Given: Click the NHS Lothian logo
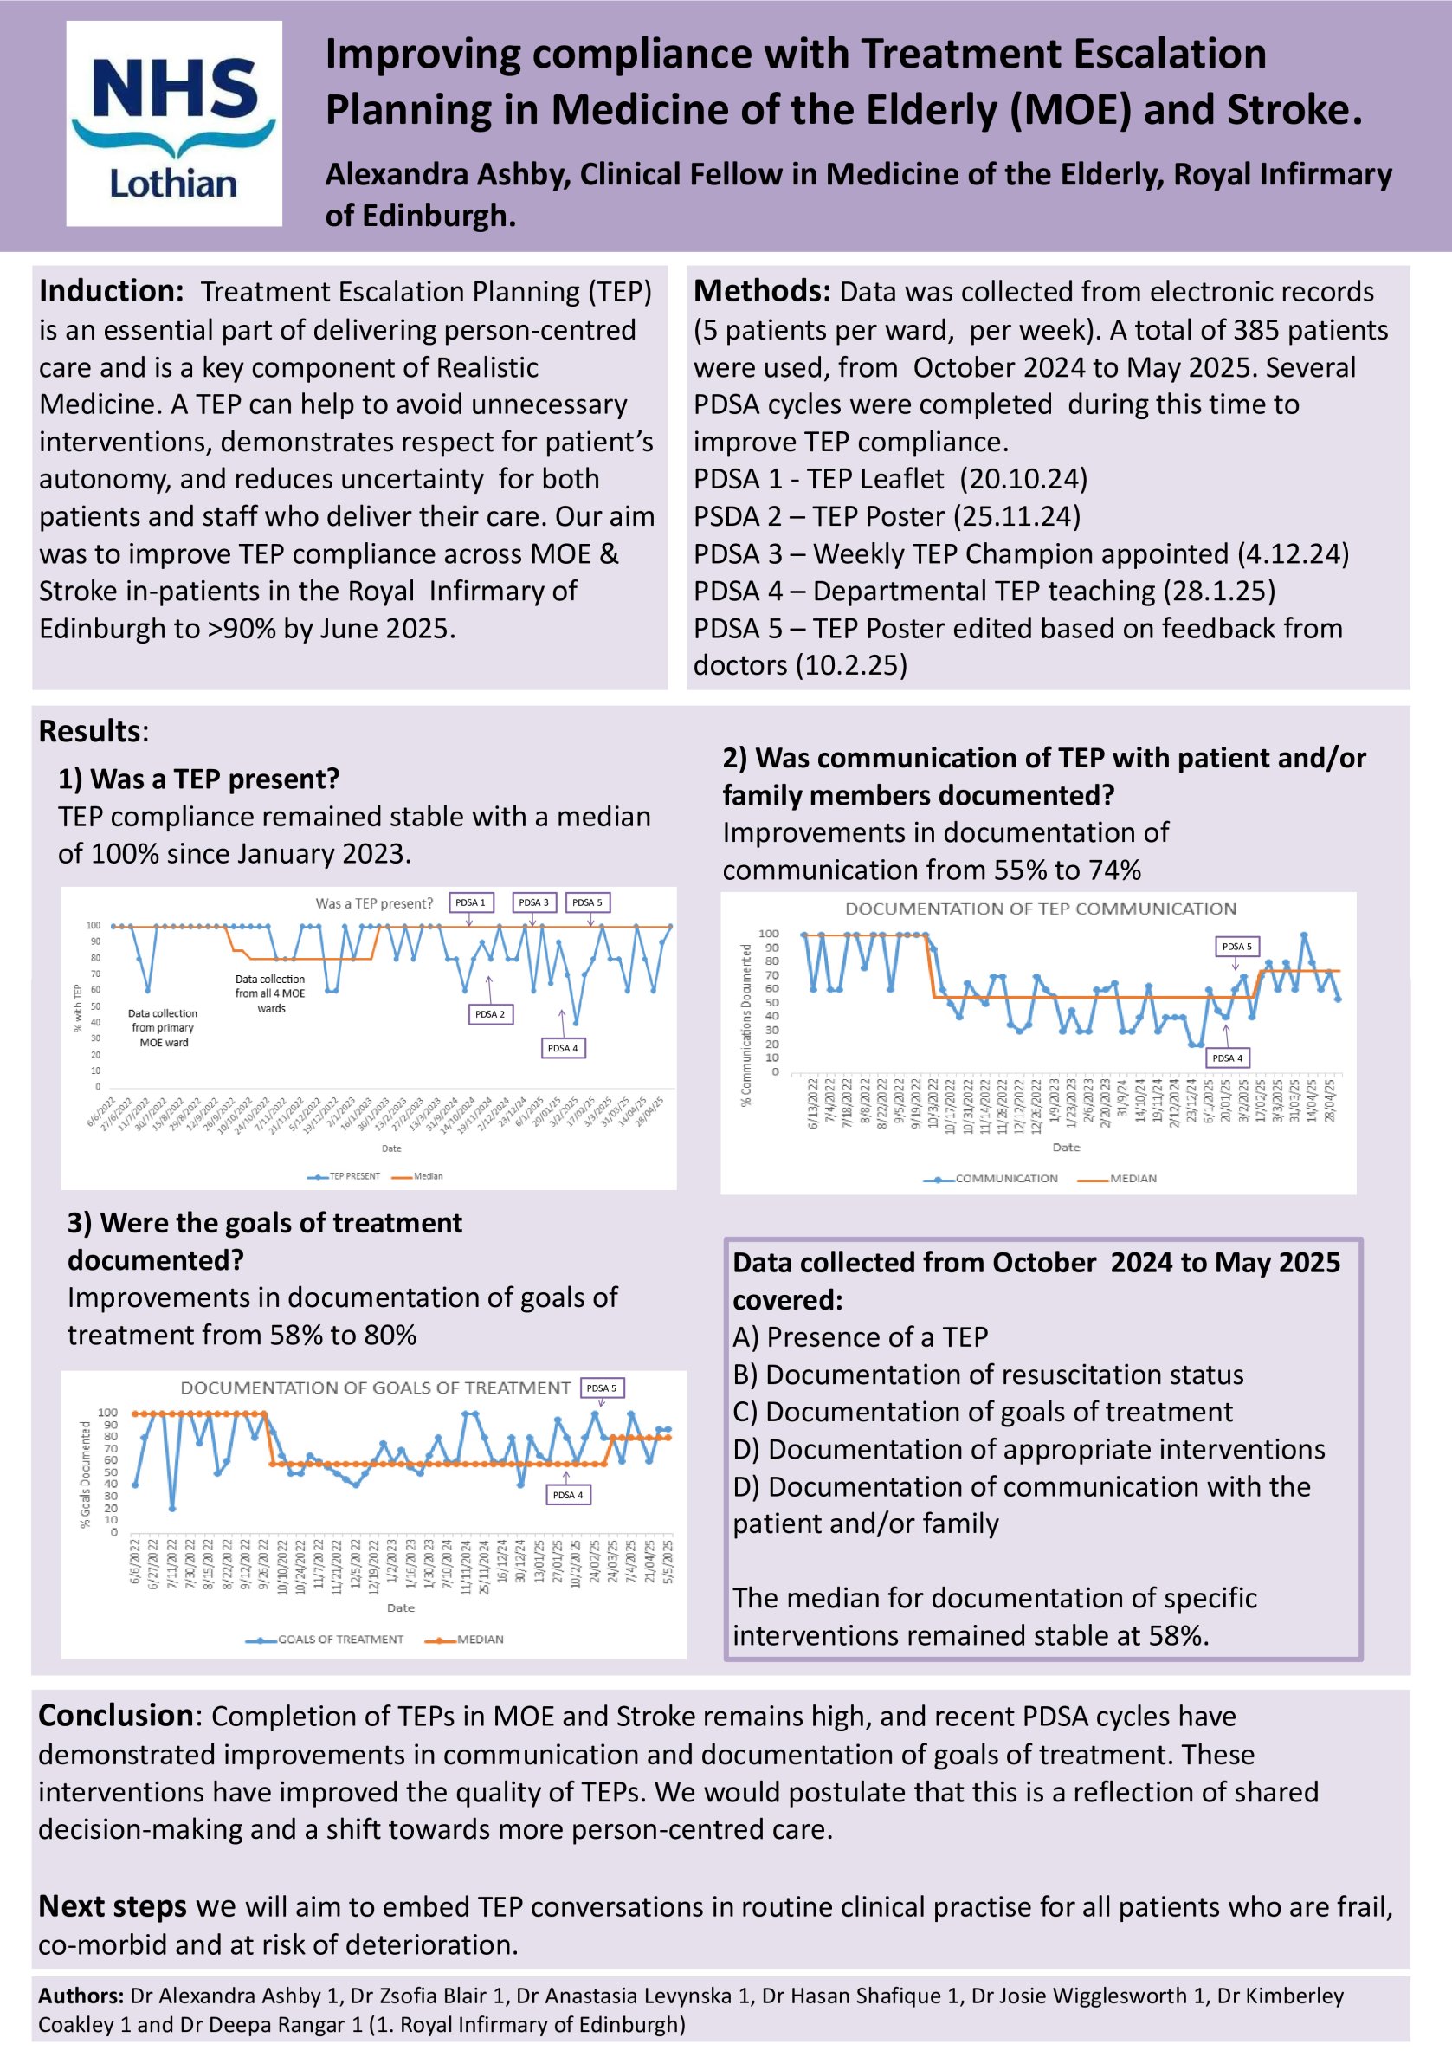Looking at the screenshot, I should (174, 124).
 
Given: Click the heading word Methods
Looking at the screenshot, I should (762, 291).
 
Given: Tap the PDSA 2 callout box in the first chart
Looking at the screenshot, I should (490, 1014).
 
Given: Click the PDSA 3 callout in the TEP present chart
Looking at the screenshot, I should (534, 902).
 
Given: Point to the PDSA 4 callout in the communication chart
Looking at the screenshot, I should (1226, 1058).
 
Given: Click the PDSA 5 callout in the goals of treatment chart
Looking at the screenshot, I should (601, 1388).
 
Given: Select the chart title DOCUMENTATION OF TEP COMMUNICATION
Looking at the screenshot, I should (1040, 909).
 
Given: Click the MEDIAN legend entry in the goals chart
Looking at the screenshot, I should (479, 1640).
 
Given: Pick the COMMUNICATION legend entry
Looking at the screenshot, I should (1005, 1178).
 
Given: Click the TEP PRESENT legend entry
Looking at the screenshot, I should (354, 1176).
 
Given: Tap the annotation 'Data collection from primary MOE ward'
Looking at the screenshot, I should (163, 1027).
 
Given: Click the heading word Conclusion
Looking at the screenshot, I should (114, 1716).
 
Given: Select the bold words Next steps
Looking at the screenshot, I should (112, 1906).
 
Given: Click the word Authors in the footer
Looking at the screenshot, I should (80, 1996).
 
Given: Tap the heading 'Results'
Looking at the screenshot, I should (88, 731).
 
